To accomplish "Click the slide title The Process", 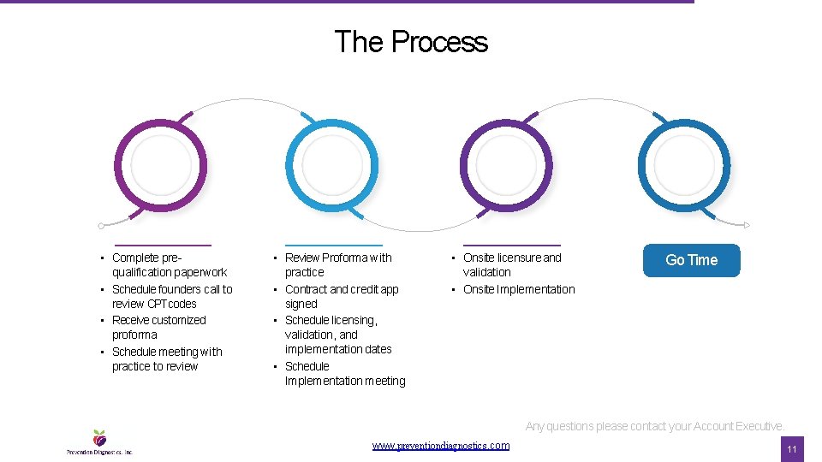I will pos(411,42).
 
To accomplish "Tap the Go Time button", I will pos(691,260).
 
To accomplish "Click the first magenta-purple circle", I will pos(160,164).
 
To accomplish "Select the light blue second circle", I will pos(331,164).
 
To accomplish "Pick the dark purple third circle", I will pos(506,164).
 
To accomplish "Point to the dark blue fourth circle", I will pos(684,164).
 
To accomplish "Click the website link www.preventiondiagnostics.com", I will pos(441,446).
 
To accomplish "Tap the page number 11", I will pos(792,449).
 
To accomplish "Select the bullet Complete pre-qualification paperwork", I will pos(169,264).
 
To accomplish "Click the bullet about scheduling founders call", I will pos(171,296).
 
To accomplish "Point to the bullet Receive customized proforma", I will pos(158,327).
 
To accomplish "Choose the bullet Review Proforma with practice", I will pos(337,264).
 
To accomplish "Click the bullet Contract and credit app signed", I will pos(341,296).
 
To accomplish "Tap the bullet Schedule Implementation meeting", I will pos(344,373).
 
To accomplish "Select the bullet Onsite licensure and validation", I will pos(511,264).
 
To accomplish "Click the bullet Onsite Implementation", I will pos(519,289).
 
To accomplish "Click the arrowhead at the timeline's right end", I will pos(747,225).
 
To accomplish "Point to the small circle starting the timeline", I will pos(101,226).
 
